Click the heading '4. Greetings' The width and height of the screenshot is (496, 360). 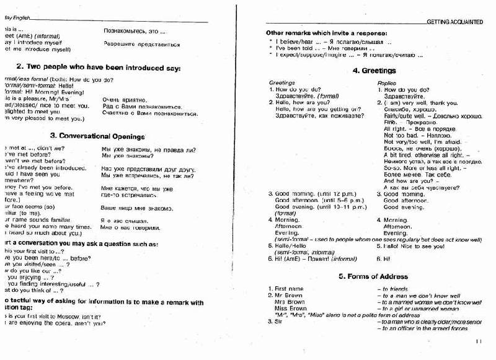[x=374, y=71]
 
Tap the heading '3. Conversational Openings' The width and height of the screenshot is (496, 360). [x=97, y=136]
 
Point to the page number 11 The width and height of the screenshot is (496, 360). [x=478, y=341]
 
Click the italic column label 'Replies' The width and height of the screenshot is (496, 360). [x=387, y=82]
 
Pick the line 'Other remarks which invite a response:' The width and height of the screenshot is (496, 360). [x=327, y=32]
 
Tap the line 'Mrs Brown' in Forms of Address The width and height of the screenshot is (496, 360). [x=290, y=302]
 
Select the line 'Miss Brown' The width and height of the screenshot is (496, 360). [x=290, y=309]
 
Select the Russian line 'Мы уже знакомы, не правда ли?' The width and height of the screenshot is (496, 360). [x=148, y=149]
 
